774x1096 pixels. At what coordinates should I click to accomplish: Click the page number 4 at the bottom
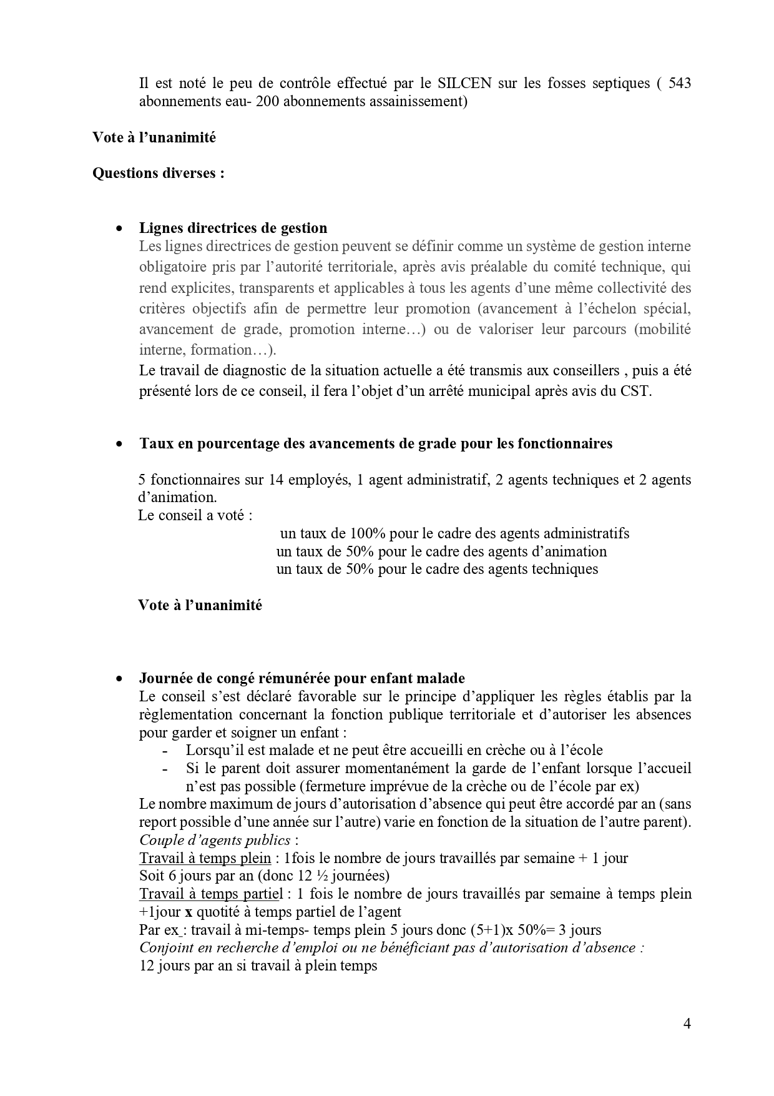[687, 1023]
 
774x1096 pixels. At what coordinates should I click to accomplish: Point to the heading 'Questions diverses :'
[159, 173]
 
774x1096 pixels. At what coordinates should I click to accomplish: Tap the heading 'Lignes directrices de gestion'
[233, 228]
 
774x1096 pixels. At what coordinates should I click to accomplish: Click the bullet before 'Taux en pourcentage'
[119, 444]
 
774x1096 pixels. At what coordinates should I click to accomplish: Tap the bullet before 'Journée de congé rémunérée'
[119, 679]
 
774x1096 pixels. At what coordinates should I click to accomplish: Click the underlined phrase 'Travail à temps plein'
[205, 857]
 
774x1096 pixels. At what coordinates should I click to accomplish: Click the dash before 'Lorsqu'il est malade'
[165, 751]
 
